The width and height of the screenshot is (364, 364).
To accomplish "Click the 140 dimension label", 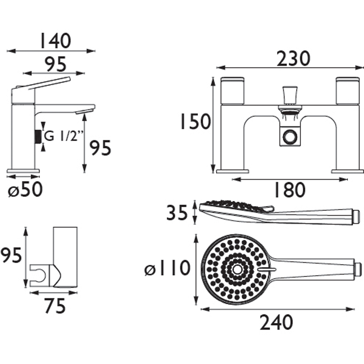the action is point(55,41).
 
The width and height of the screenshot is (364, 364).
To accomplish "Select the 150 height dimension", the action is point(195,121).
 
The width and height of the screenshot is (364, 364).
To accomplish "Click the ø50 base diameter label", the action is point(25,189).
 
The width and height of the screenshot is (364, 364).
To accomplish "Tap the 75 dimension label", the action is point(55,305).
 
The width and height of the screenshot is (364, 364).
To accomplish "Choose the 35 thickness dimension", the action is point(177,212).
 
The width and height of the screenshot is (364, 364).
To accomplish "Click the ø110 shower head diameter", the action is point(167,268).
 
